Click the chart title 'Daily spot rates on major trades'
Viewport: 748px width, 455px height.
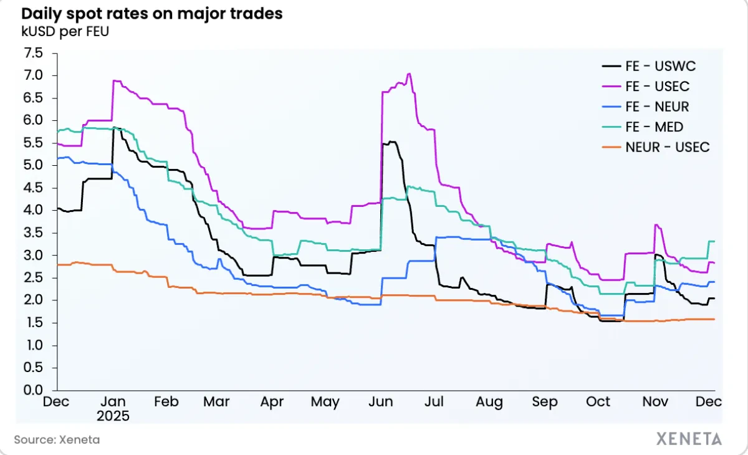point(151,14)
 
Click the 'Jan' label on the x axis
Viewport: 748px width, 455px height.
point(113,403)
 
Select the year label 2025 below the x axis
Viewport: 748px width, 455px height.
point(113,416)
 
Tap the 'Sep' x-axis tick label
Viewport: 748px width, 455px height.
point(545,403)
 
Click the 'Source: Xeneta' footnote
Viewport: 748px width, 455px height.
point(57,439)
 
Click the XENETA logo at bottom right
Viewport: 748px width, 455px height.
point(689,439)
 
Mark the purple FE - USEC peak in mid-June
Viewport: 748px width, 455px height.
point(409,74)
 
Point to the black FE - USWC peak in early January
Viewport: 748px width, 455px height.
point(113,128)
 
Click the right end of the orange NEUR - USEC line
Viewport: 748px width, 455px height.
point(714,319)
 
